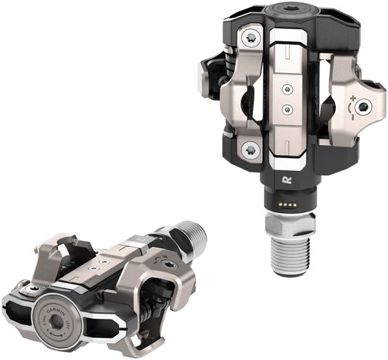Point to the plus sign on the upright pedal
(355, 96)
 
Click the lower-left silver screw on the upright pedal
(250, 151)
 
